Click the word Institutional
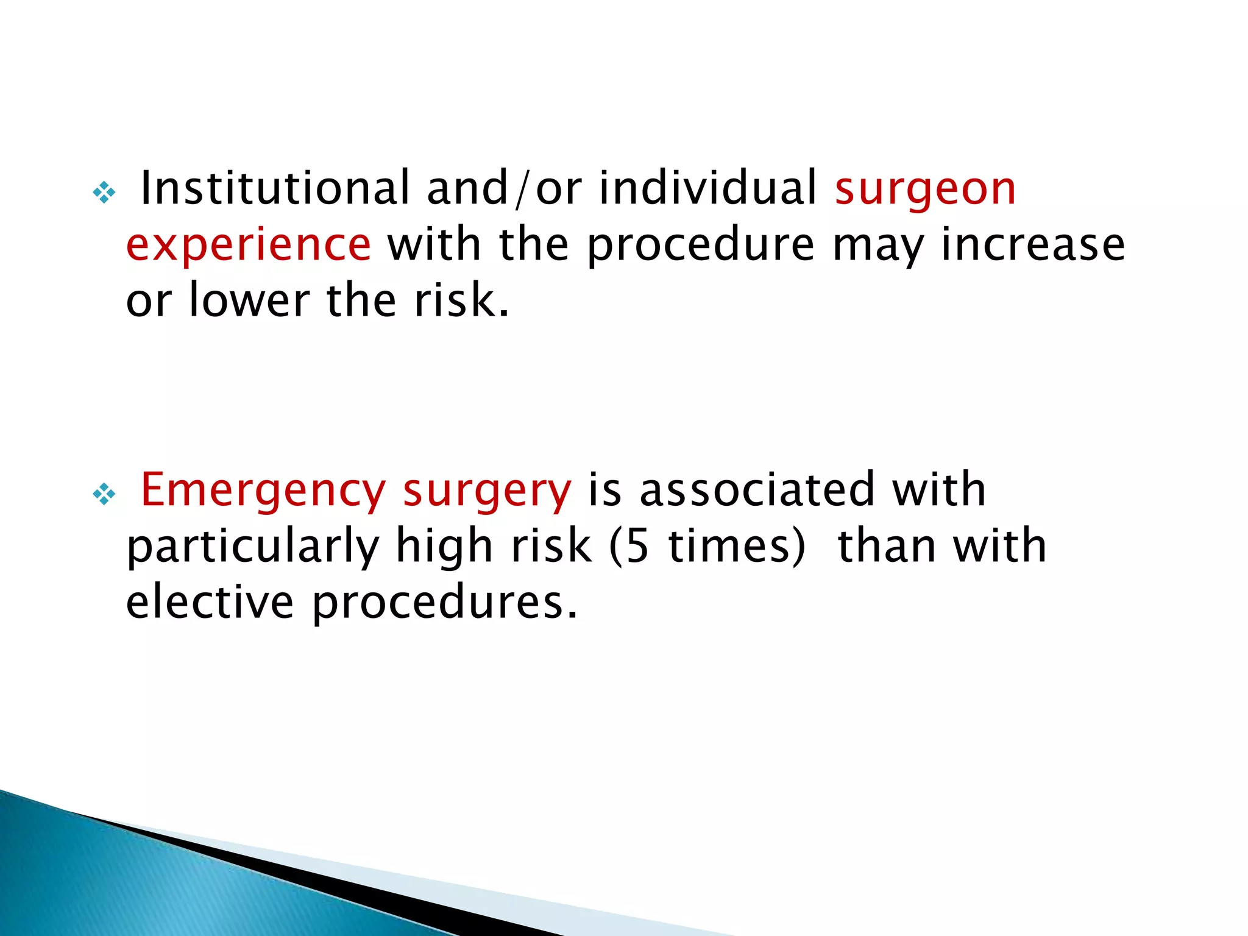coord(275,188)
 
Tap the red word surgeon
coord(925,189)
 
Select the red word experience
coord(249,244)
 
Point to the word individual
coord(708,188)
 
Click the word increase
coord(1033,244)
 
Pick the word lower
coord(250,300)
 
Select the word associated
coord(757,489)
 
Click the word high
coord(444,547)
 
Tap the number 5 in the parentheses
coord(637,546)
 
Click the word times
coord(729,546)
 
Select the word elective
coord(210,601)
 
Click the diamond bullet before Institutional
coord(104,193)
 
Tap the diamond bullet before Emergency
coord(104,494)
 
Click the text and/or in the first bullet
coord(504,188)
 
